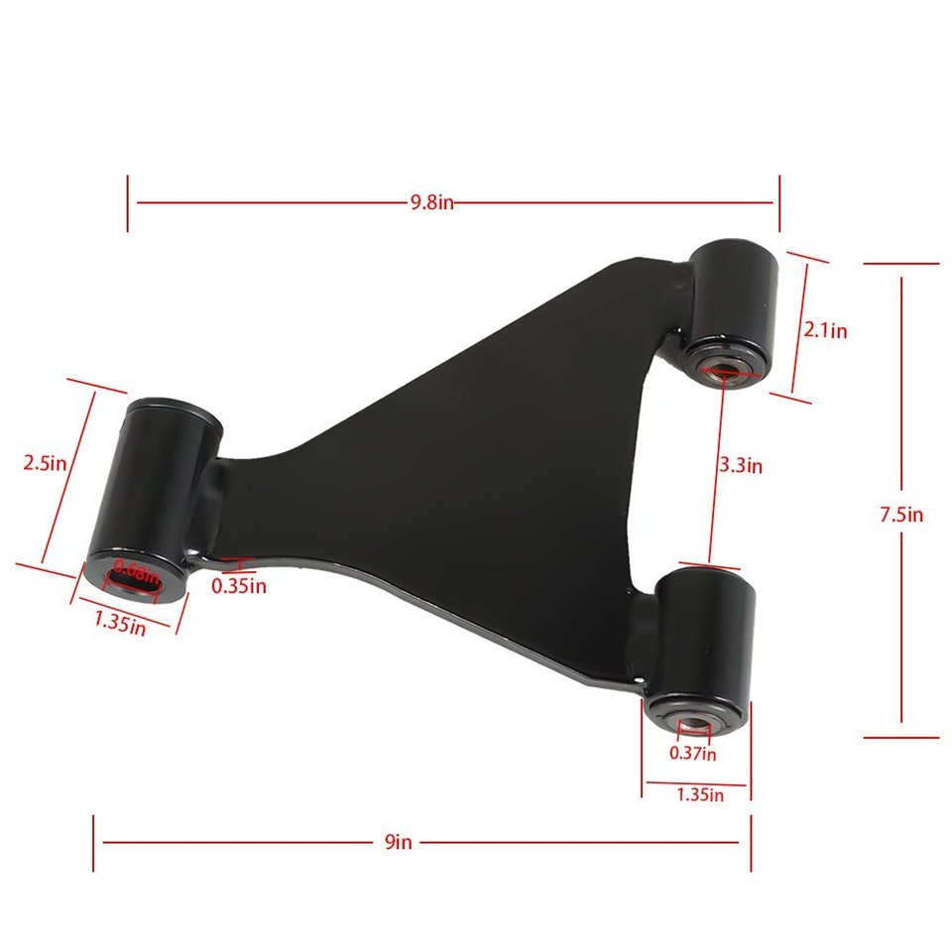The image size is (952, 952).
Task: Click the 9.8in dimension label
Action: [432, 202]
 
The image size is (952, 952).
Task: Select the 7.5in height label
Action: [901, 514]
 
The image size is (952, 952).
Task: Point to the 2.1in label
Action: [825, 330]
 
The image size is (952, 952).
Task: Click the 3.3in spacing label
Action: [741, 463]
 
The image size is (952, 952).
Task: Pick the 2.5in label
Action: [44, 462]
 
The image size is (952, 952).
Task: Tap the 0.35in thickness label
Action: [239, 585]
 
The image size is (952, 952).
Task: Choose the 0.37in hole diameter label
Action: [692, 754]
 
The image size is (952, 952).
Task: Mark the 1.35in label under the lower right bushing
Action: [700, 793]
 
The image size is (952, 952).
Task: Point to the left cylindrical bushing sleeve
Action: [159, 486]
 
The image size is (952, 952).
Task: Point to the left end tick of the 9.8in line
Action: [127, 203]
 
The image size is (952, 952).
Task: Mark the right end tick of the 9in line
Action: [751, 843]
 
